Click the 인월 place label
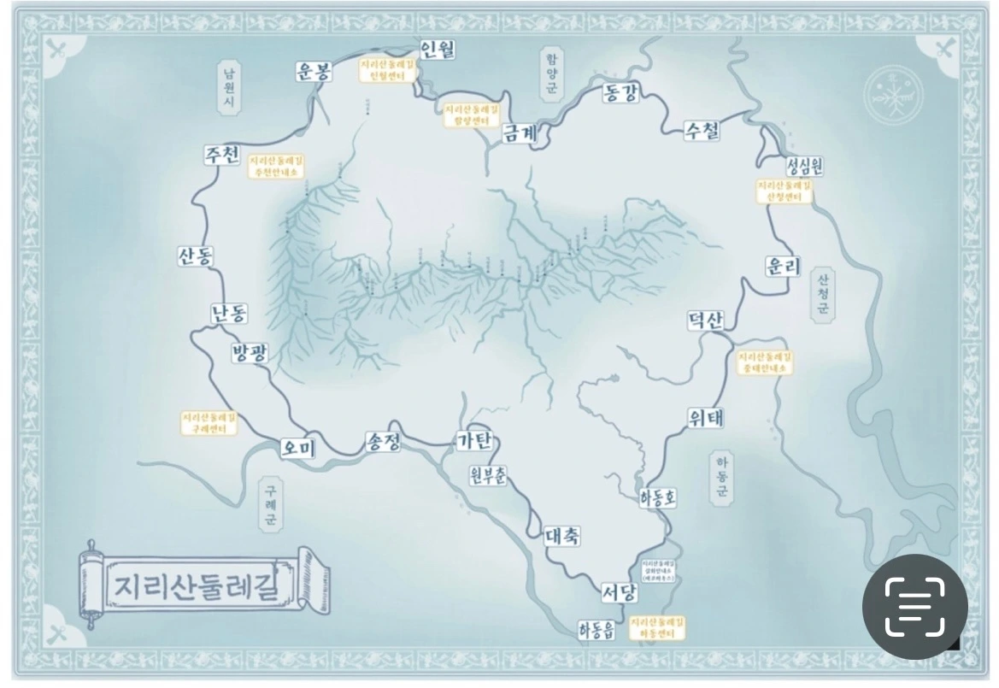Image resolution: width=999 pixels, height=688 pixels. coord(438,49)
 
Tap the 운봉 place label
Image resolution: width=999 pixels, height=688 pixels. coord(313,72)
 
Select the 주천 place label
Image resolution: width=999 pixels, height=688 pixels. coord(220,156)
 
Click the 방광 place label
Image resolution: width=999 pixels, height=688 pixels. coord(250,352)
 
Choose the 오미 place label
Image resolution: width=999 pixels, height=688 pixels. coord(298,446)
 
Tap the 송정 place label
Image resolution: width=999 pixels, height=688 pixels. coord(383,441)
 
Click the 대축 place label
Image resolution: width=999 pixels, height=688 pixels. coord(562,536)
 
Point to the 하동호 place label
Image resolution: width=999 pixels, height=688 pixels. coord(658,498)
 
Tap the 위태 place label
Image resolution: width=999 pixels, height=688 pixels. coord(706,418)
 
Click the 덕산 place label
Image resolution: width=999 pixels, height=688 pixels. coord(706,320)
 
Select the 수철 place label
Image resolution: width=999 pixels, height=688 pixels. coord(702,130)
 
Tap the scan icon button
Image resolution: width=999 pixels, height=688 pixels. coord(914,606)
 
